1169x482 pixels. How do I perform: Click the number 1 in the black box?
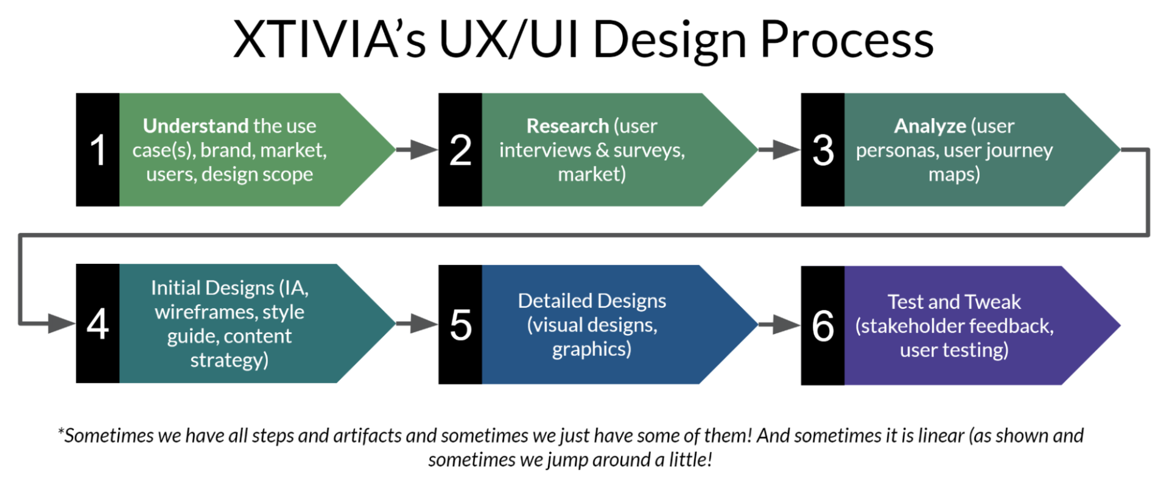click(x=97, y=150)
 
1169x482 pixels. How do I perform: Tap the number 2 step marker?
click(x=460, y=150)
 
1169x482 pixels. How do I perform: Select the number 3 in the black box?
click(x=823, y=150)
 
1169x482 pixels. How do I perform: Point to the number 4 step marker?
click(x=97, y=324)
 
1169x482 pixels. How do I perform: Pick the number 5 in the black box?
click(x=460, y=324)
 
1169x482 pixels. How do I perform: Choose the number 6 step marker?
click(x=823, y=325)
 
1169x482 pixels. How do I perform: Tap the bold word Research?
click(x=567, y=126)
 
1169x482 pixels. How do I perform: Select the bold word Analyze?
click(x=929, y=126)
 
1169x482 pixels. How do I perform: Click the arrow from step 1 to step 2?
click(x=417, y=149)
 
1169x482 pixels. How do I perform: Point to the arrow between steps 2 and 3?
click(x=779, y=149)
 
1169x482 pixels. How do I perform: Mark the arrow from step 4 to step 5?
click(x=417, y=324)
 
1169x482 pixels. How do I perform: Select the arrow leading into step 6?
click(x=779, y=325)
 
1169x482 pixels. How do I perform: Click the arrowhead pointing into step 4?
click(x=61, y=324)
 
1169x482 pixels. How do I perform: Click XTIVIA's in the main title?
click(x=329, y=40)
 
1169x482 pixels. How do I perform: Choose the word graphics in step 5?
click(x=591, y=349)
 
